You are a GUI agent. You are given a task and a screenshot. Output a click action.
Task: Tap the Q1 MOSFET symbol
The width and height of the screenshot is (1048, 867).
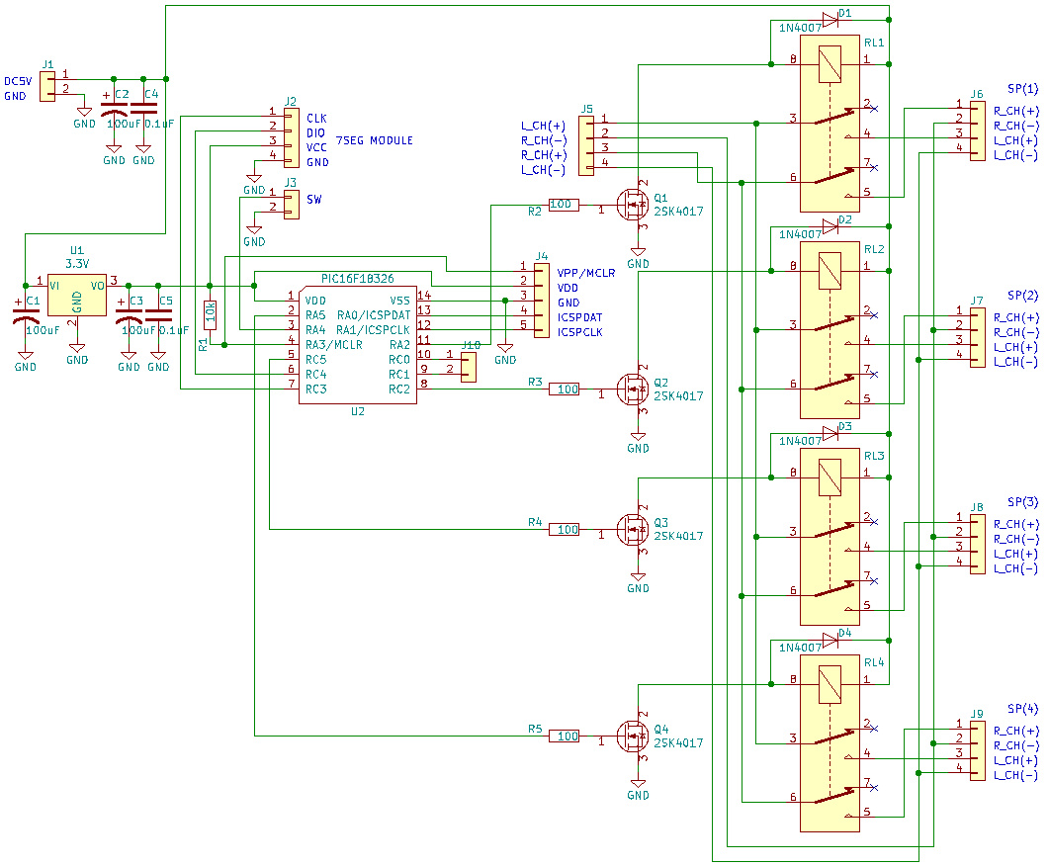(632, 206)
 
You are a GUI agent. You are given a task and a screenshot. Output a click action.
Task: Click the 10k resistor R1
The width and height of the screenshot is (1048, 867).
(210, 314)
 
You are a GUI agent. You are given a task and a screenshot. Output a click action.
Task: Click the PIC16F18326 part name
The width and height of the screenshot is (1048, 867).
(358, 280)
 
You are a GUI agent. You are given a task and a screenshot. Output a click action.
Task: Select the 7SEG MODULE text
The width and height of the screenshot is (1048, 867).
(374, 140)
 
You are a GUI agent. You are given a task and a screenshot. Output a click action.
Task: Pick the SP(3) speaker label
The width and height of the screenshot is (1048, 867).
(1022, 502)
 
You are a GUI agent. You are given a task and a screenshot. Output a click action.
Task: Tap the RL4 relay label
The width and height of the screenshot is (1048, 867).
(874, 662)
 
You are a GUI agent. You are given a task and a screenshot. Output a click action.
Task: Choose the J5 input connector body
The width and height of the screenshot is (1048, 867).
(586, 145)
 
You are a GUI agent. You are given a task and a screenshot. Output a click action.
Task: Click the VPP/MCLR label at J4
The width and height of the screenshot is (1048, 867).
(586, 273)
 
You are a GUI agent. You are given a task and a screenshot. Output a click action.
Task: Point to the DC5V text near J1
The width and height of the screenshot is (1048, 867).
(19, 81)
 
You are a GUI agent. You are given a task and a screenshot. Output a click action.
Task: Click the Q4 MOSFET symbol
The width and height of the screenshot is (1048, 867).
(632, 736)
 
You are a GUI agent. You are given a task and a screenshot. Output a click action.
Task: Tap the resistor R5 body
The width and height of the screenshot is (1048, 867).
(564, 736)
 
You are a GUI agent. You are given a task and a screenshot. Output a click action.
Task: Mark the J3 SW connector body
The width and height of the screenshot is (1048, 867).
(290, 205)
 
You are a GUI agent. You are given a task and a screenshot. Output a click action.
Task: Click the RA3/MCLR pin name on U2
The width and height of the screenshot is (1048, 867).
(334, 345)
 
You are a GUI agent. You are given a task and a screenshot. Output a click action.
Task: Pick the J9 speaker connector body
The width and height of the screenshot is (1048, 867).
(977, 751)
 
